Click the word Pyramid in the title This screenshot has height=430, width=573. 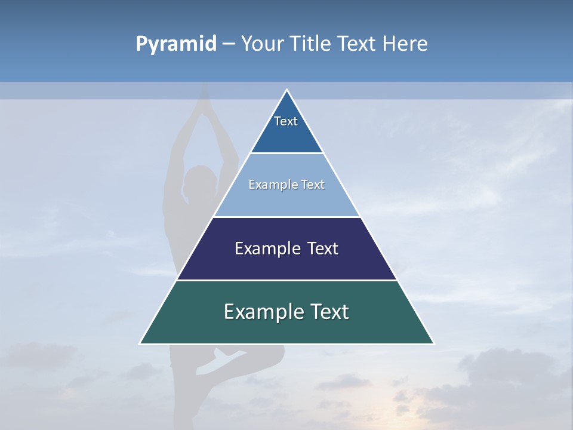(x=175, y=44)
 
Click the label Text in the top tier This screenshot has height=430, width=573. (x=286, y=121)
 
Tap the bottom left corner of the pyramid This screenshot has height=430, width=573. (x=140, y=343)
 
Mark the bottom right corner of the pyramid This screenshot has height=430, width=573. (x=433, y=343)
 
